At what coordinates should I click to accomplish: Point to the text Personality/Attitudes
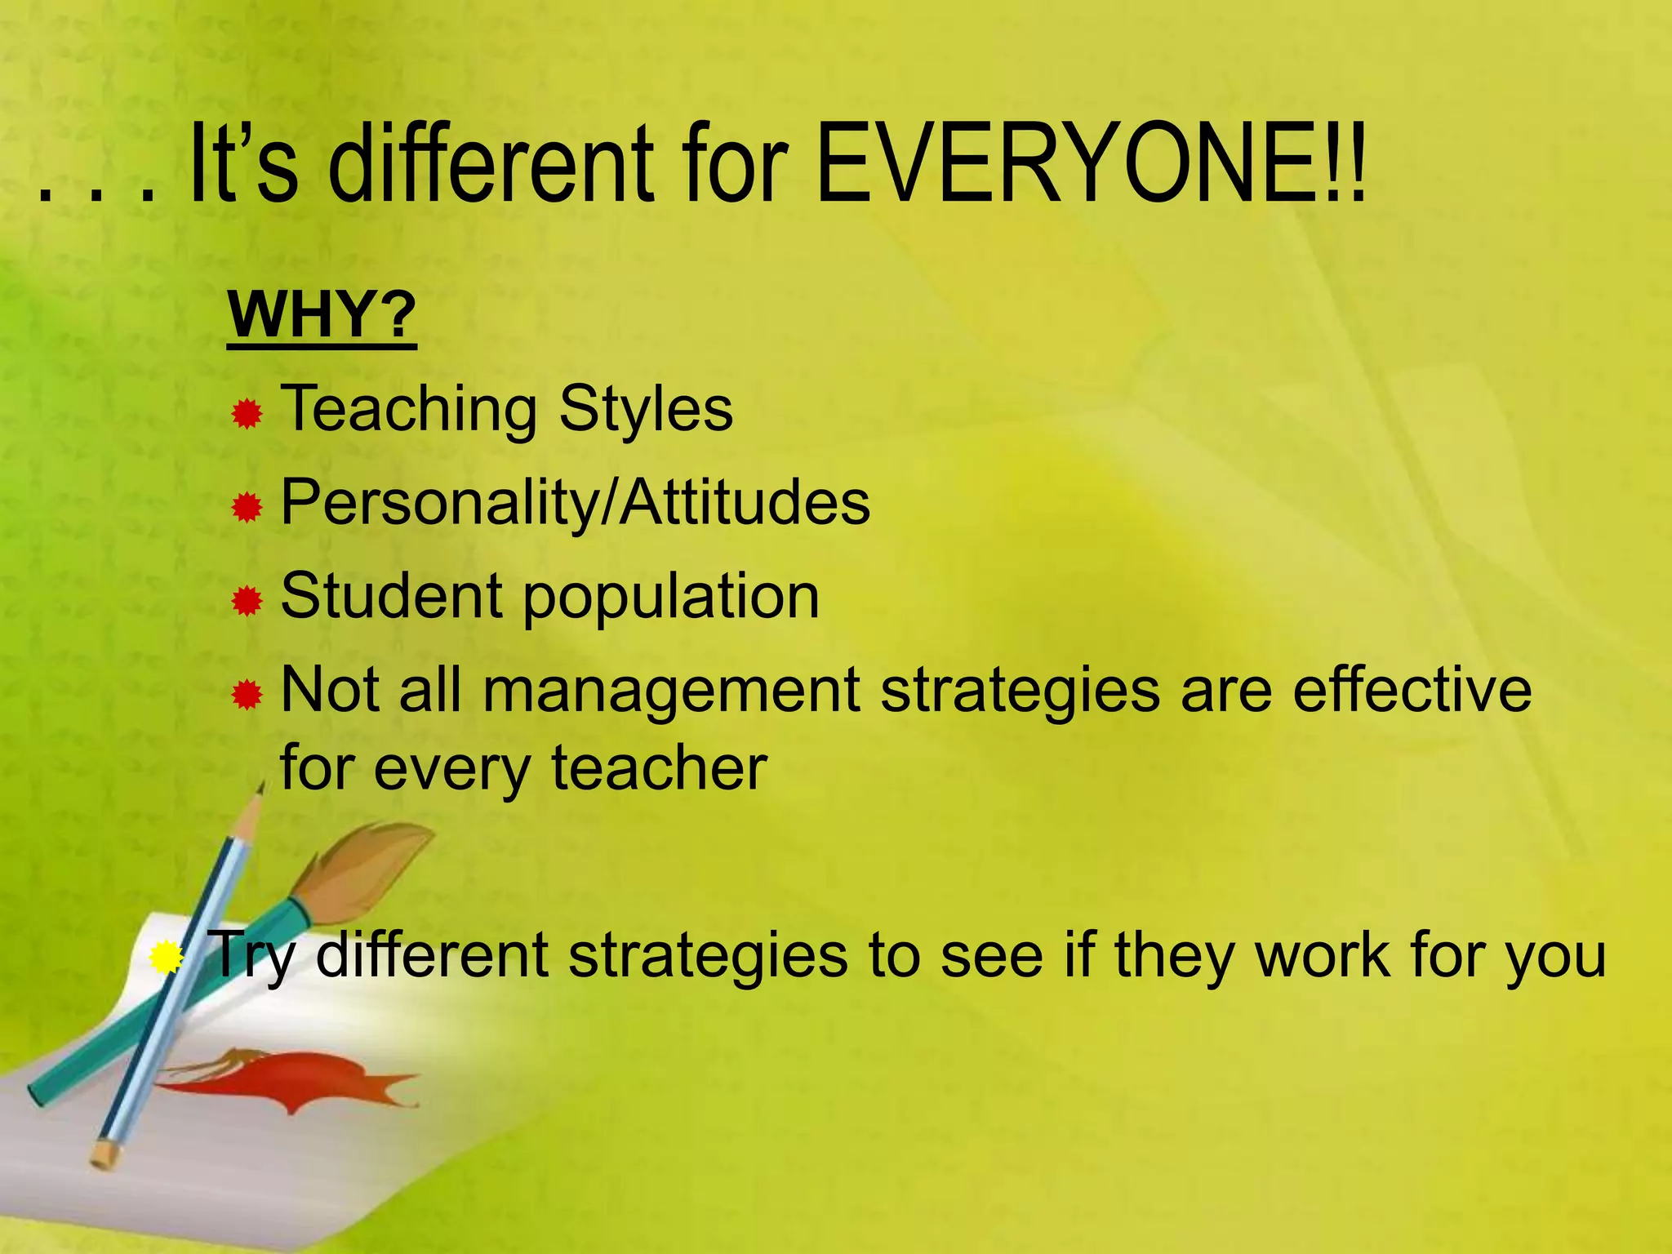click(575, 502)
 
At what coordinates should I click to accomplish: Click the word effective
click(1412, 690)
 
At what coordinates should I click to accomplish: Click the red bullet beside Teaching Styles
click(247, 415)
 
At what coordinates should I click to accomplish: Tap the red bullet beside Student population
click(247, 603)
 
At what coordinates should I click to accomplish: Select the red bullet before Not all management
click(247, 696)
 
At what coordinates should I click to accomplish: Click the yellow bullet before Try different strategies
click(167, 957)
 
